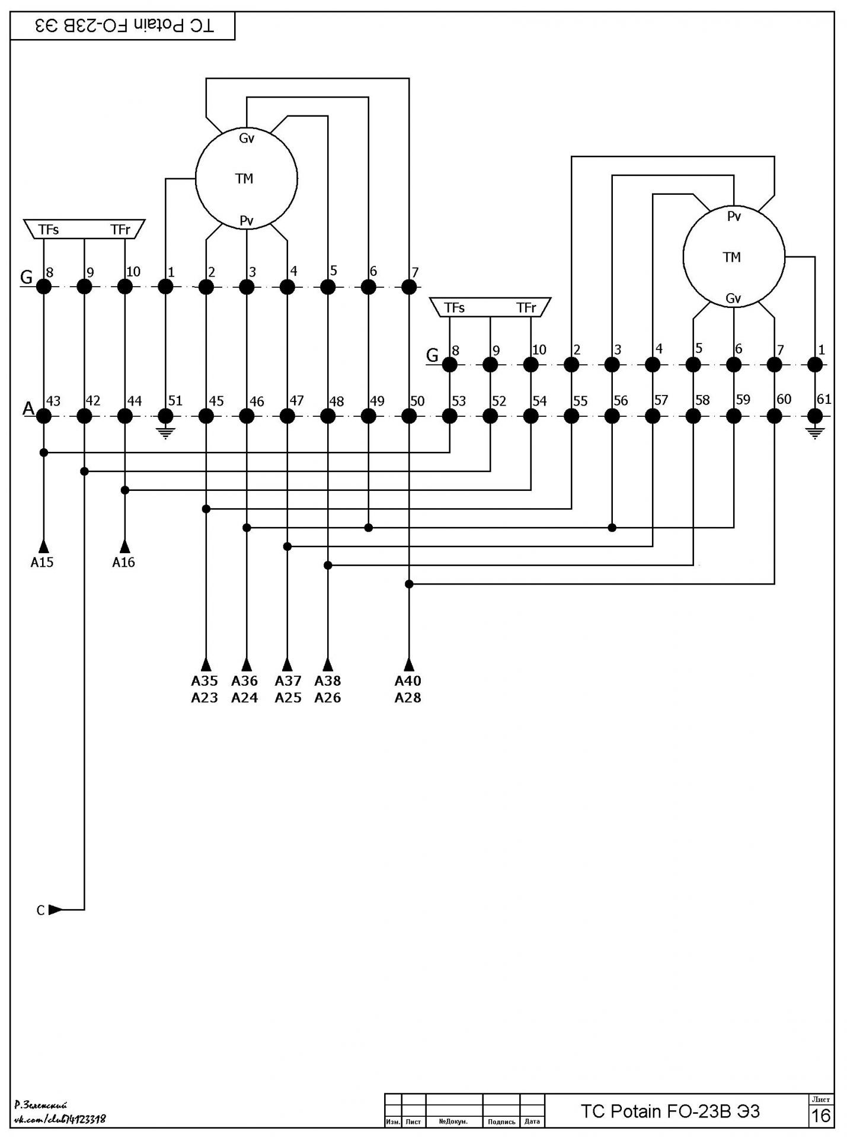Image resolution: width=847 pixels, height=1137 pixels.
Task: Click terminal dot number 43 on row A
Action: (x=44, y=416)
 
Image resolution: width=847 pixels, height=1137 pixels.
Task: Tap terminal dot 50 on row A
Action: (x=409, y=416)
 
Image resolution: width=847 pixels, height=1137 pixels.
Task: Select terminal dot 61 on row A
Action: (x=815, y=416)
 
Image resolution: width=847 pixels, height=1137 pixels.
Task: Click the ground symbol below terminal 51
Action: (x=166, y=433)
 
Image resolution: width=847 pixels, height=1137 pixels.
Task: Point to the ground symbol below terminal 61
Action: (x=815, y=433)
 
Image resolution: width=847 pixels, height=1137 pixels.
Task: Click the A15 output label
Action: (x=42, y=563)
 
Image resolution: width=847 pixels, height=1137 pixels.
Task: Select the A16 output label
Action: (x=124, y=563)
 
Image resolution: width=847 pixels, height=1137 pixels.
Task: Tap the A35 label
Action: (x=204, y=681)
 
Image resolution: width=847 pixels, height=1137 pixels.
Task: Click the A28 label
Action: (x=408, y=698)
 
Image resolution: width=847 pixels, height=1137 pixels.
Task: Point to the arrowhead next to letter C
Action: (x=55, y=910)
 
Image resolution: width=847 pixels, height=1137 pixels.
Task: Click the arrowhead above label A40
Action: (x=409, y=664)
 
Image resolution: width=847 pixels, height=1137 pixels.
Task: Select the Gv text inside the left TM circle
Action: (x=247, y=139)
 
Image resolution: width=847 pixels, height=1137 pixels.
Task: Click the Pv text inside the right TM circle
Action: (x=734, y=217)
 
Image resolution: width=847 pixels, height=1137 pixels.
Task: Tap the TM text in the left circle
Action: (x=244, y=179)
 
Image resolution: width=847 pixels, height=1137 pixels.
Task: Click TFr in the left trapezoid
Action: (x=120, y=230)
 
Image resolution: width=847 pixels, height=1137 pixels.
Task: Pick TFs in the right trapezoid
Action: (x=455, y=308)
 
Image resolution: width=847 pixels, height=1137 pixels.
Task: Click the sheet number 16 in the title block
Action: (x=821, y=1116)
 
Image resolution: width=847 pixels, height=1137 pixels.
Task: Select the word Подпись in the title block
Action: (x=501, y=1122)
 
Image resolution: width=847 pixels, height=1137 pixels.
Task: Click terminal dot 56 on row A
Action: (x=612, y=416)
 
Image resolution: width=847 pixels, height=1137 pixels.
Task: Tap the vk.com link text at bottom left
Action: (x=60, y=1119)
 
